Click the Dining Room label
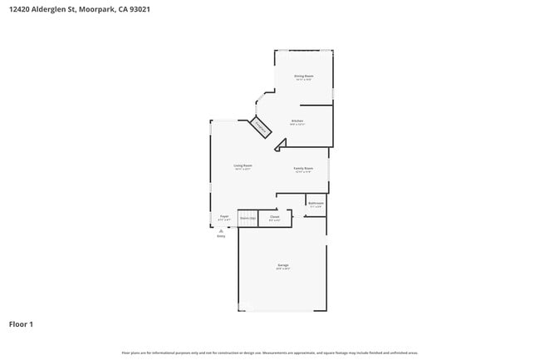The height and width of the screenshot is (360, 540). coord(304,76)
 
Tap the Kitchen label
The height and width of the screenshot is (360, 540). coord(297,121)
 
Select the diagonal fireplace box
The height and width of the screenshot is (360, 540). coord(260,127)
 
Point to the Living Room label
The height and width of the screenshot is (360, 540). coord(243,165)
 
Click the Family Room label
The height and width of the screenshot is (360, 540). coord(303,168)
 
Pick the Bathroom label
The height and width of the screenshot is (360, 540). coord(316,203)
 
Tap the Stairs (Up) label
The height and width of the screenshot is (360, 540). coord(248,218)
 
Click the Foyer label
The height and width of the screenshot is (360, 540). coord(223,216)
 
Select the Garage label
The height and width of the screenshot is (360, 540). coord(283,265)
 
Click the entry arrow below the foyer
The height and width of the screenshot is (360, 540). coord(221,230)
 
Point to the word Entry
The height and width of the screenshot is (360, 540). coord(221,237)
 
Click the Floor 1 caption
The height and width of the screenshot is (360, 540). coord(21,323)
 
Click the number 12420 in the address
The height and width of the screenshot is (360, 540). coord(18,8)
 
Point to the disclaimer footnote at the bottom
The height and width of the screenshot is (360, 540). coord(270,353)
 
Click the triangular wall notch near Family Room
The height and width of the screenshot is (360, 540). coord(280,145)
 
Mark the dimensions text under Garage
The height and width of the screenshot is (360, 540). coord(283,269)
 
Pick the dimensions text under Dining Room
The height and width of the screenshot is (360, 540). coord(304,80)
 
